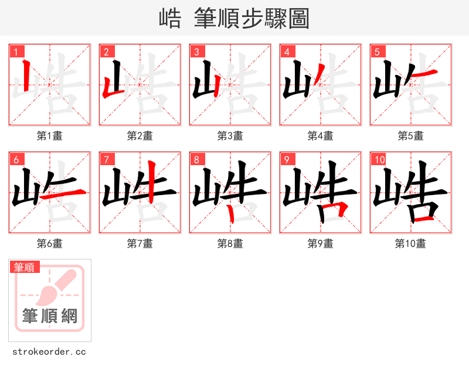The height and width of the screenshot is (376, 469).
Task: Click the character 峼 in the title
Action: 170,18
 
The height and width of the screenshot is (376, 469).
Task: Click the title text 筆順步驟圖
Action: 247,18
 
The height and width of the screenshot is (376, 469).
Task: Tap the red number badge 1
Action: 16,52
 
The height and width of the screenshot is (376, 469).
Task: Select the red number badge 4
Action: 287,52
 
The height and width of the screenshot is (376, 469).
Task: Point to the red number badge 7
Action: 106,159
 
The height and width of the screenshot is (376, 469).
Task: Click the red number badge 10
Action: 379,159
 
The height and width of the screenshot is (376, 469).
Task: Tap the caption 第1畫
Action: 49,136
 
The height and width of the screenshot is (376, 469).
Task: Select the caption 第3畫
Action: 230,136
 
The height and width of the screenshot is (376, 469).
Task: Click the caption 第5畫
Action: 410,136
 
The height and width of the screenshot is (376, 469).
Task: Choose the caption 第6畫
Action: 49,243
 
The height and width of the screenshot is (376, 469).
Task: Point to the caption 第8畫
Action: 230,243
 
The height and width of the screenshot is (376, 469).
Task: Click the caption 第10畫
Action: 410,243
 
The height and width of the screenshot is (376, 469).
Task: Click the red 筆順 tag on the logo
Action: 25,267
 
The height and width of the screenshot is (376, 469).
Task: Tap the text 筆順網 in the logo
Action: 50,316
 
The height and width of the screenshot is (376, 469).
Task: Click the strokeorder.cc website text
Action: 49,352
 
